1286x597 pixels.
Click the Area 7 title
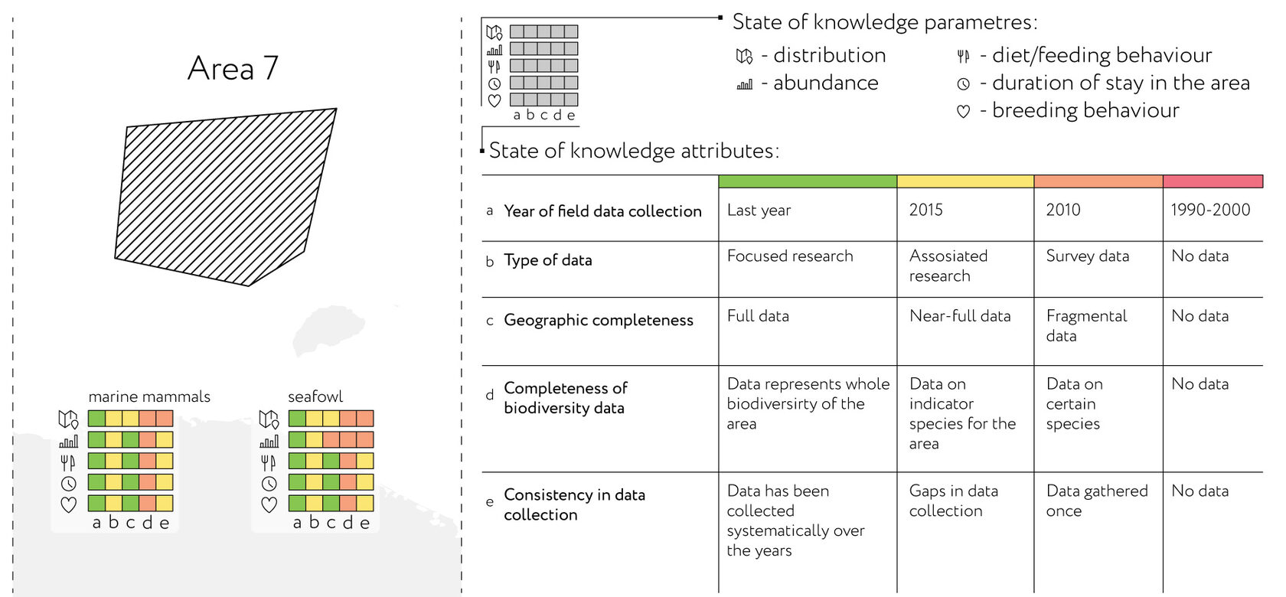tap(233, 69)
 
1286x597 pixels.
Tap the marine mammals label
tap(149, 396)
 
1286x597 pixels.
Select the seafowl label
tap(315, 396)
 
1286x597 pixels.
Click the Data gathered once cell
tap(1096, 501)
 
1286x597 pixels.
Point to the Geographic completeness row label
tap(599, 320)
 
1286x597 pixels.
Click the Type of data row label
tap(548, 260)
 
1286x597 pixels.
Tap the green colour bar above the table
tap(808, 181)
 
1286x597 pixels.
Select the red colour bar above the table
tap(1213, 181)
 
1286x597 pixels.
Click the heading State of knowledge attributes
tap(634, 151)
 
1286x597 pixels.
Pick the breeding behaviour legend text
tap(1085, 110)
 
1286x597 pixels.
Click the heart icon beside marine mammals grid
tap(69, 504)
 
